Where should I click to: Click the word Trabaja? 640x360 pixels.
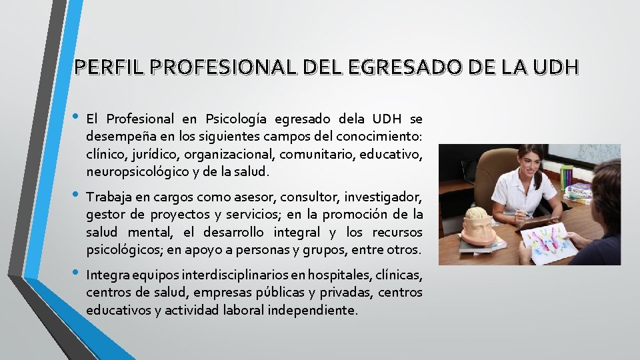(x=110, y=197)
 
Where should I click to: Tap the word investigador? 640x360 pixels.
(x=383, y=197)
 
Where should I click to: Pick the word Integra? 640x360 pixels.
(x=107, y=275)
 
